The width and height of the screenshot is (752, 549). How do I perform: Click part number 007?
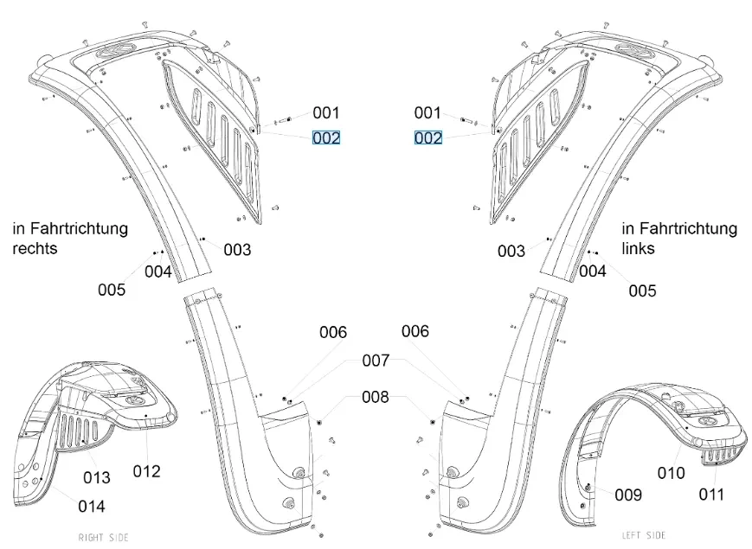(376, 360)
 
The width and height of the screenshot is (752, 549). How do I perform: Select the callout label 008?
(376, 398)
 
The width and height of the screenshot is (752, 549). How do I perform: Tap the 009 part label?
(628, 495)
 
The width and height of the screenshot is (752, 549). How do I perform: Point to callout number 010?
(671, 473)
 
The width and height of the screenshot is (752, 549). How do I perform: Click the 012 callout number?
(146, 471)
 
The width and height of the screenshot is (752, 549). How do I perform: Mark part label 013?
(97, 477)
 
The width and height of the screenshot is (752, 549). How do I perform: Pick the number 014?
(92, 506)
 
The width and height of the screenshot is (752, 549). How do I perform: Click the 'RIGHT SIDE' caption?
(104, 538)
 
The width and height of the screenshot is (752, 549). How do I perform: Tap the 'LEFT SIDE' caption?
(644, 535)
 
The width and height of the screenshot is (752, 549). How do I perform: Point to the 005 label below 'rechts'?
(112, 290)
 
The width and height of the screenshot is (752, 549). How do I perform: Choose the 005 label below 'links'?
(642, 290)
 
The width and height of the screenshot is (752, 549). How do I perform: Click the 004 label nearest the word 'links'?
(593, 271)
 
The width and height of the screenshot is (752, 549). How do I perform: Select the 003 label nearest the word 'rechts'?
(237, 250)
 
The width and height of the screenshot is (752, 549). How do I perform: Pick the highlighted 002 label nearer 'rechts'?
(326, 137)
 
